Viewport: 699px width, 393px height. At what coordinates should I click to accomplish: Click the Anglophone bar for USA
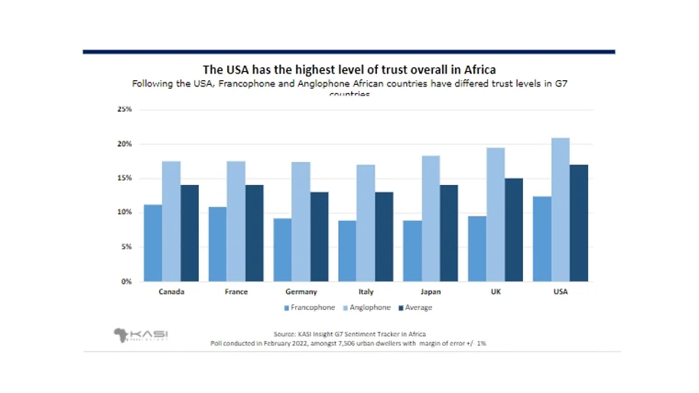tap(561, 209)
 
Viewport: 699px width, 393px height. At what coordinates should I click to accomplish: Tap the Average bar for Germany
tap(319, 236)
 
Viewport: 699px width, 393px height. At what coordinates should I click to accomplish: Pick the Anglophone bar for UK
tap(496, 214)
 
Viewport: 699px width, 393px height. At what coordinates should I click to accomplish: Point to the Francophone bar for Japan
tap(413, 251)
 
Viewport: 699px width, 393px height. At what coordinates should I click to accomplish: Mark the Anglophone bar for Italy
tap(366, 222)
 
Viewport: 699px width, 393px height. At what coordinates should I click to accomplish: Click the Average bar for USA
tap(579, 222)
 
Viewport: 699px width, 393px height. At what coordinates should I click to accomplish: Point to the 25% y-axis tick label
tap(124, 109)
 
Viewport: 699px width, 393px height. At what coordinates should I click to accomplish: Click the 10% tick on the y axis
tap(124, 213)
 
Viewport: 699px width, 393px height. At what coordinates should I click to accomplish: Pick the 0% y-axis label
tap(126, 281)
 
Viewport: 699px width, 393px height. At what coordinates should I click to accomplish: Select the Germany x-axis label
tap(301, 292)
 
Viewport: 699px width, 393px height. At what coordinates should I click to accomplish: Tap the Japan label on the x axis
tap(431, 292)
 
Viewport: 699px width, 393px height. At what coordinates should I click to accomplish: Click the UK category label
tap(496, 292)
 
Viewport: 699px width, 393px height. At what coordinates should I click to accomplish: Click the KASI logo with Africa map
tap(141, 335)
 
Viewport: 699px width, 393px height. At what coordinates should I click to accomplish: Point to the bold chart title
tap(349, 70)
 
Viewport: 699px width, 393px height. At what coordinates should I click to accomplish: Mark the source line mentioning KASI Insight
tap(349, 334)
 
